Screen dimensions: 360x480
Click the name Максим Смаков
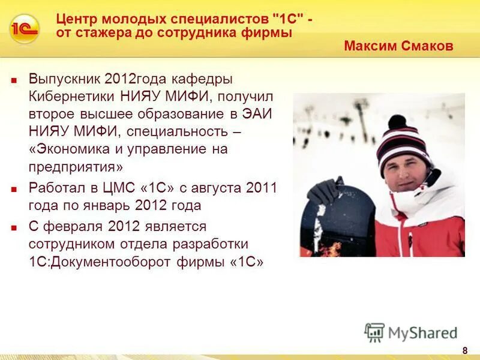398,46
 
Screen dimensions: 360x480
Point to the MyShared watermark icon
374,332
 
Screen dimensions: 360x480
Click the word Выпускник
64,80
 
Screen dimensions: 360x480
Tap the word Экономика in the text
72,149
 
